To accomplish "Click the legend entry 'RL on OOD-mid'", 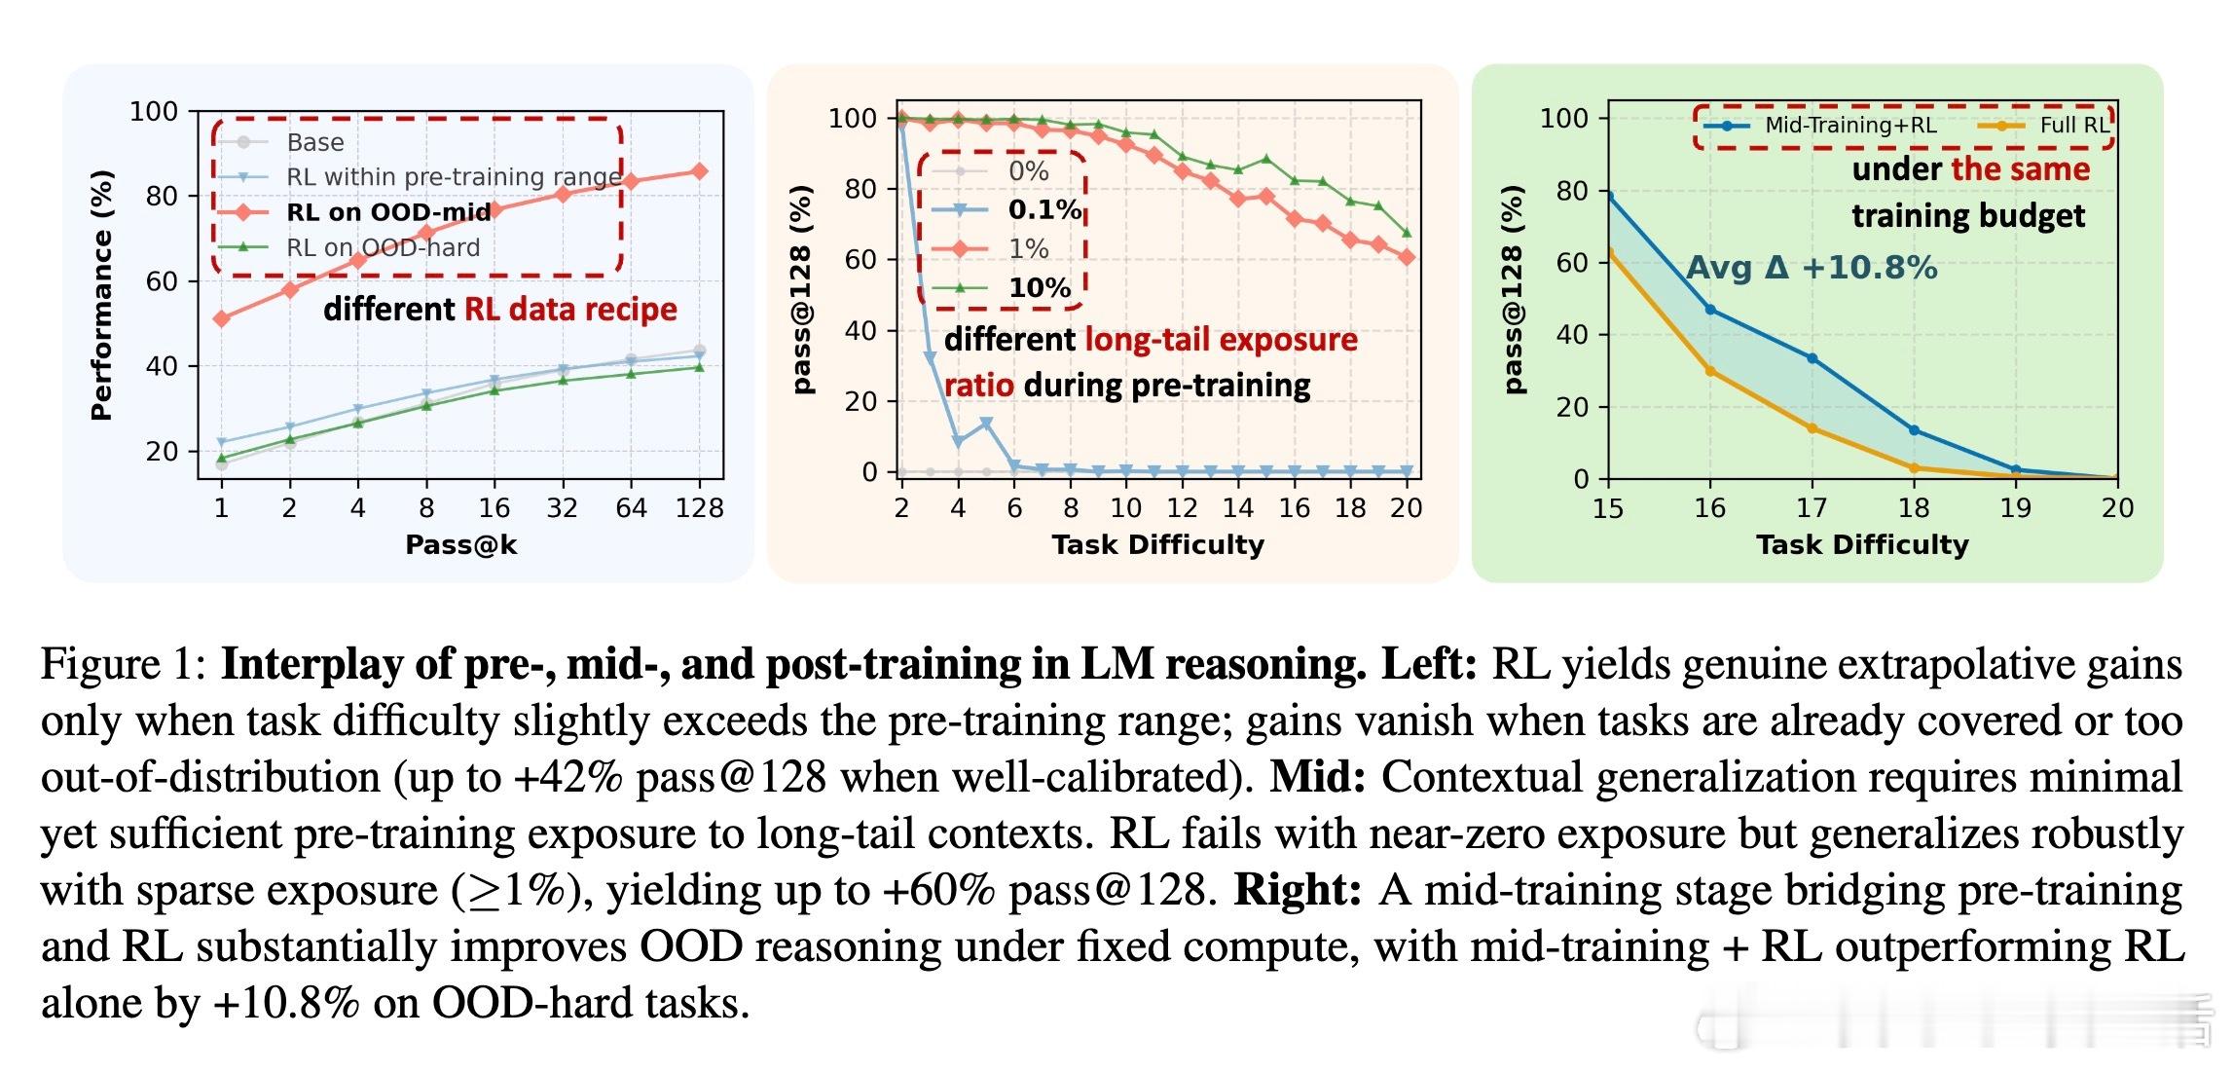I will (388, 212).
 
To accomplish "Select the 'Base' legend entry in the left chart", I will (315, 142).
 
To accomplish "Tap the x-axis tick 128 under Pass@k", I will (699, 507).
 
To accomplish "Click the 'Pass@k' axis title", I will (460, 544).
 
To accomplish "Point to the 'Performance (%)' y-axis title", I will (101, 295).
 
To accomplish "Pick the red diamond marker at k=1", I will (222, 318).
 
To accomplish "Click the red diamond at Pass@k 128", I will (699, 171).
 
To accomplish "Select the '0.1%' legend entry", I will (1044, 209).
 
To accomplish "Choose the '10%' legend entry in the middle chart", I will (1039, 287).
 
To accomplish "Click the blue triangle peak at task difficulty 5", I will (986, 423).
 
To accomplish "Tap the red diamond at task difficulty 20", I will (1407, 257).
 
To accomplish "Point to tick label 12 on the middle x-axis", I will (1182, 507).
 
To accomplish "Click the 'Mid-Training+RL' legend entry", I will (1849, 126).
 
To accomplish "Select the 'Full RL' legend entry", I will (2073, 126).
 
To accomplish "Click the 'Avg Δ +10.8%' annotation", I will (1811, 268).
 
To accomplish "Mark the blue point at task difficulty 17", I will (1812, 358).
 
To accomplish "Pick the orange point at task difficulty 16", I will (1710, 371).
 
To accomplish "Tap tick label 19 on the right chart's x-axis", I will (2015, 507).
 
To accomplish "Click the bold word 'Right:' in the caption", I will (1297, 889).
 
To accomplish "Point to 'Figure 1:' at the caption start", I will (122, 664).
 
